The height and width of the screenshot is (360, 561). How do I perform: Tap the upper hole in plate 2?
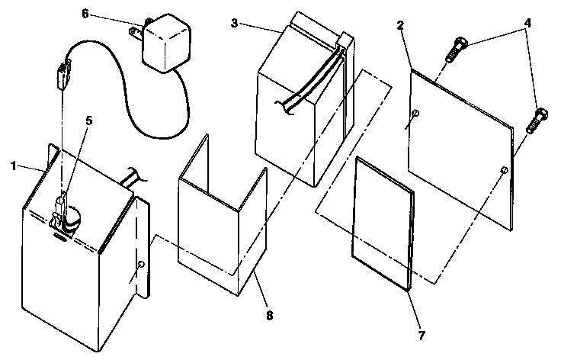click(x=415, y=115)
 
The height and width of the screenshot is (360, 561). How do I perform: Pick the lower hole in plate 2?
click(x=503, y=169)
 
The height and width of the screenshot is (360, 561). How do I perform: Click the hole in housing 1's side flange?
click(x=141, y=264)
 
